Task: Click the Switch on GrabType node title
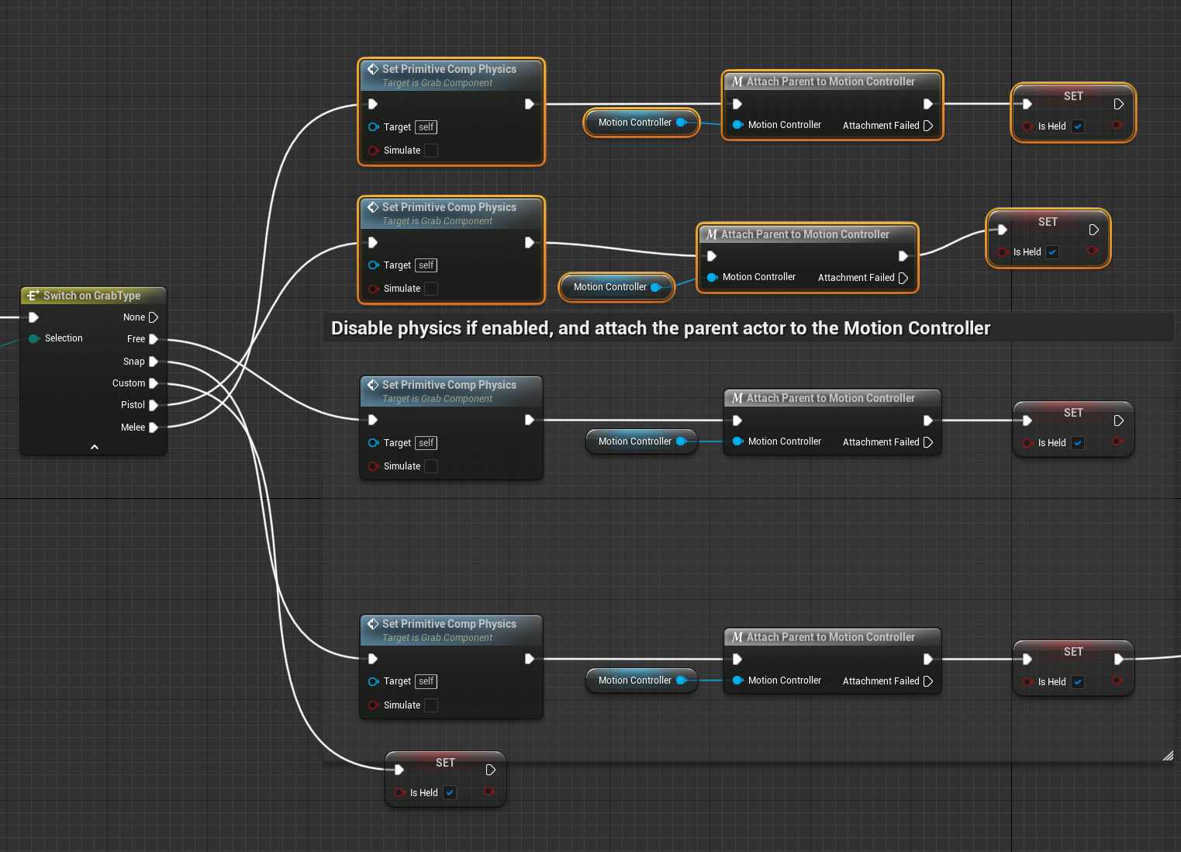click(92, 296)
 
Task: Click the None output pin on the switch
click(153, 317)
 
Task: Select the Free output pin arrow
click(154, 339)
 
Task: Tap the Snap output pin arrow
click(154, 362)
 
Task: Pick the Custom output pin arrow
click(154, 383)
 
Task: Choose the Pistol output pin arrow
click(154, 405)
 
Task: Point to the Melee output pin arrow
click(154, 428)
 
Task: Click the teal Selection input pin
click(34, 338)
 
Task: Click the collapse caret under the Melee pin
click(95, 447)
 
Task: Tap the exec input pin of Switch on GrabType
click(33, 317)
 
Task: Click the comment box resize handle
click(1167, 756)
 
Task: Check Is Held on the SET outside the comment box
click(450, 793)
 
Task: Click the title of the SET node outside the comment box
click(445, 763)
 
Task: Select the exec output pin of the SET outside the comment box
click(490, 770)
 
